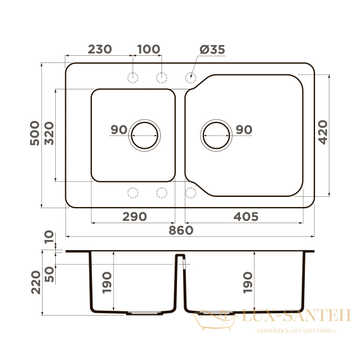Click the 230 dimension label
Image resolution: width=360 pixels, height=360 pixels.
100,49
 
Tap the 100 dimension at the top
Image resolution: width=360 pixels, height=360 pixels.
149,49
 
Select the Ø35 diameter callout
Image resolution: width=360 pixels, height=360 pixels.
212,50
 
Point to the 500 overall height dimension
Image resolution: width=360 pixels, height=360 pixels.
35,133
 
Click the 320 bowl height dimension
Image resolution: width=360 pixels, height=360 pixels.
49,133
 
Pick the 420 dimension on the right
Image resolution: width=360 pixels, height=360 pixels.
323,132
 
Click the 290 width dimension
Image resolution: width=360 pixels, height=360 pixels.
134,217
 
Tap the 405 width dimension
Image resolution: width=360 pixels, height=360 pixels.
246,217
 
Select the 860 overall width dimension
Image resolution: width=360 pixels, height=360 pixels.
181,230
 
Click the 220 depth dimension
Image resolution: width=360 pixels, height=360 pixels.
36,283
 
